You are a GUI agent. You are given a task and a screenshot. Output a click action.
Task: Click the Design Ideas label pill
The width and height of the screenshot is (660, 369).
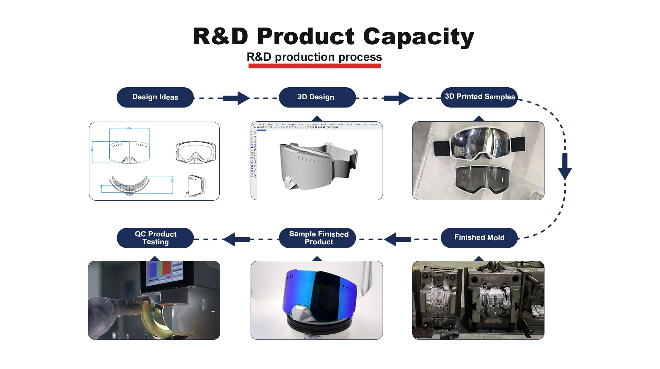[x=155, y=97]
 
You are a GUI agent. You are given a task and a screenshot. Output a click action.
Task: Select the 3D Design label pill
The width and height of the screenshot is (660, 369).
[x=317, y=97]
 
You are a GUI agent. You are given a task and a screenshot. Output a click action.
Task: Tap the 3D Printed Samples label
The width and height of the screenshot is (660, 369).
[x=479, y=97]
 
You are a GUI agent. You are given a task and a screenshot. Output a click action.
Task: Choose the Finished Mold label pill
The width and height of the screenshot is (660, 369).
[x=479, y=238]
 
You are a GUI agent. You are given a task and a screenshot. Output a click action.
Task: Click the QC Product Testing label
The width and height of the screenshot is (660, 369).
[x=155, y=238]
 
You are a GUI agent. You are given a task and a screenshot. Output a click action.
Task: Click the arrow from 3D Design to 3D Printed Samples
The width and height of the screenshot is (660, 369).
[x=397, y=98]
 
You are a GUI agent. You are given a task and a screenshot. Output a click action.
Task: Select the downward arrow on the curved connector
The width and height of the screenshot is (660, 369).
[x=565, y=167]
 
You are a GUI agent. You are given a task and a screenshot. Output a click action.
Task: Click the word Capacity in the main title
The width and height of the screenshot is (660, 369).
[x=418, y=36]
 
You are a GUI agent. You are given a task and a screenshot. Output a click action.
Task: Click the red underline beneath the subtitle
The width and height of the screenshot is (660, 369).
[x=315, y=66]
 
